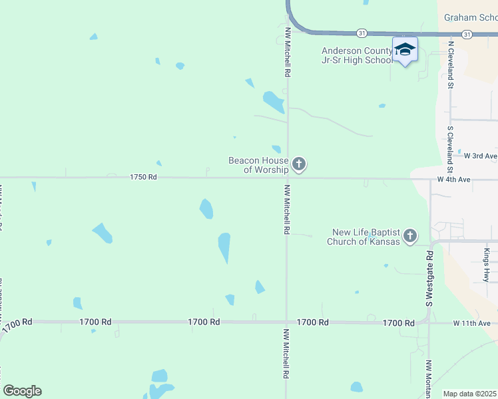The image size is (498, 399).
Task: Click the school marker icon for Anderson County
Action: point(405,50)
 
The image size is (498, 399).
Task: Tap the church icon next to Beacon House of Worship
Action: point(299,164)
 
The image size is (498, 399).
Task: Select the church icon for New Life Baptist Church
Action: point(410,235)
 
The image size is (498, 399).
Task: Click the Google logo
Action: point(22,391)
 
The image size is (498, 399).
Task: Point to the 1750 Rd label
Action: point(143,178)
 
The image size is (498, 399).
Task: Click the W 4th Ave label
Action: point(454,180)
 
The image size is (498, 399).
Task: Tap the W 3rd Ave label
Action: point(481,156)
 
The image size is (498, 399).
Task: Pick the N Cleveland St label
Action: point(451,65)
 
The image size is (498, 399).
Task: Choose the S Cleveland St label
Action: point(451,146)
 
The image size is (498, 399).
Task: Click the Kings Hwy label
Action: point(487,265)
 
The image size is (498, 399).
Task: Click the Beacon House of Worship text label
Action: point(258,165)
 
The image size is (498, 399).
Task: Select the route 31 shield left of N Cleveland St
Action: point(362,33)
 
